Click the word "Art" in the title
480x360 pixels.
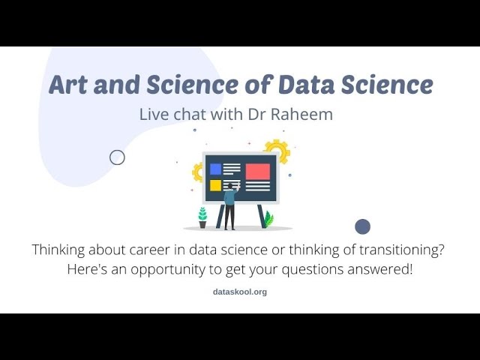point(68,85)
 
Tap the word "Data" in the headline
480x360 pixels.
point(307,85)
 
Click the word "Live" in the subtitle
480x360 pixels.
point(154,114)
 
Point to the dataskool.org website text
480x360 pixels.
point(240,292)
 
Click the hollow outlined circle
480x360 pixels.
point(117,157)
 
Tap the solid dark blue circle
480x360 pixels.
point(363,226)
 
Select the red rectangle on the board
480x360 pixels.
point(258,172)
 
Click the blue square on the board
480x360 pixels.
point(215,169)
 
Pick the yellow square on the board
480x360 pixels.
point(215,185)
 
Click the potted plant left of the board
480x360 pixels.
point(202,217)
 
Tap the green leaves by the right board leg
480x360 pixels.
point(268,219)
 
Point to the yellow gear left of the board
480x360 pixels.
point(198,172)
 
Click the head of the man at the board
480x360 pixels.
point(230,186)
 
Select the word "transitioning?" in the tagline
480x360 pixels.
point(401,250)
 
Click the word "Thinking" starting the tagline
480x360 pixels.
point(58,250)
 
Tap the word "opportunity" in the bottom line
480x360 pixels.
point(168,270)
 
